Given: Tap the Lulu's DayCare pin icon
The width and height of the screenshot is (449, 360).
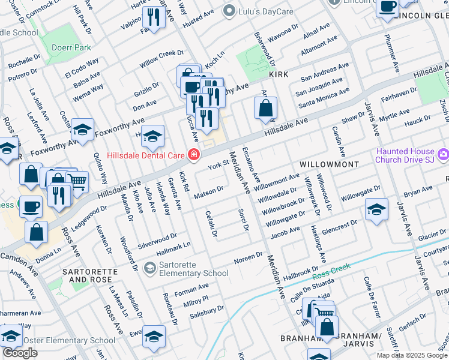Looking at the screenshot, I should (x=228, y=11).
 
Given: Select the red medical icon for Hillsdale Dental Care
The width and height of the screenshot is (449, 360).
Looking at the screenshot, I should (x=193, y=155).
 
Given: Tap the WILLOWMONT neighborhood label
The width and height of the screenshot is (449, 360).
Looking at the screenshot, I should (x=330, y=164).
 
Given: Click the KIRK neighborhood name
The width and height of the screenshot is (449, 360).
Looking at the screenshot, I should (x=279, y=74).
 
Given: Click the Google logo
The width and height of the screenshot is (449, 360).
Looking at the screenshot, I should (x=20, y=353).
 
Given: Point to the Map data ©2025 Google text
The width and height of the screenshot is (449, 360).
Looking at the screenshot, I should (x=411, y=355).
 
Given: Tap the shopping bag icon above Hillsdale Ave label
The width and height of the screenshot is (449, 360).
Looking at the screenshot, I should (x=265, y=109).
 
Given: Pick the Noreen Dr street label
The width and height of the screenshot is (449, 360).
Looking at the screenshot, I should (x=249, y=257).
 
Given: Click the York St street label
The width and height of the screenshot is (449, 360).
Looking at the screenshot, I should (x=218, y=163).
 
